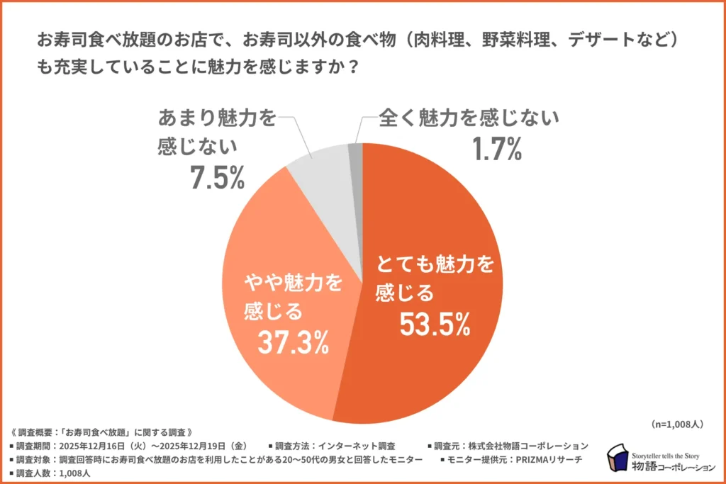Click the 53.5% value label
point(435,324)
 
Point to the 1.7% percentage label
point(497,148)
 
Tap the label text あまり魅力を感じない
point(216,133)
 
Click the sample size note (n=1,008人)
point(676,424)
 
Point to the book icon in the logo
point(616,458)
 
